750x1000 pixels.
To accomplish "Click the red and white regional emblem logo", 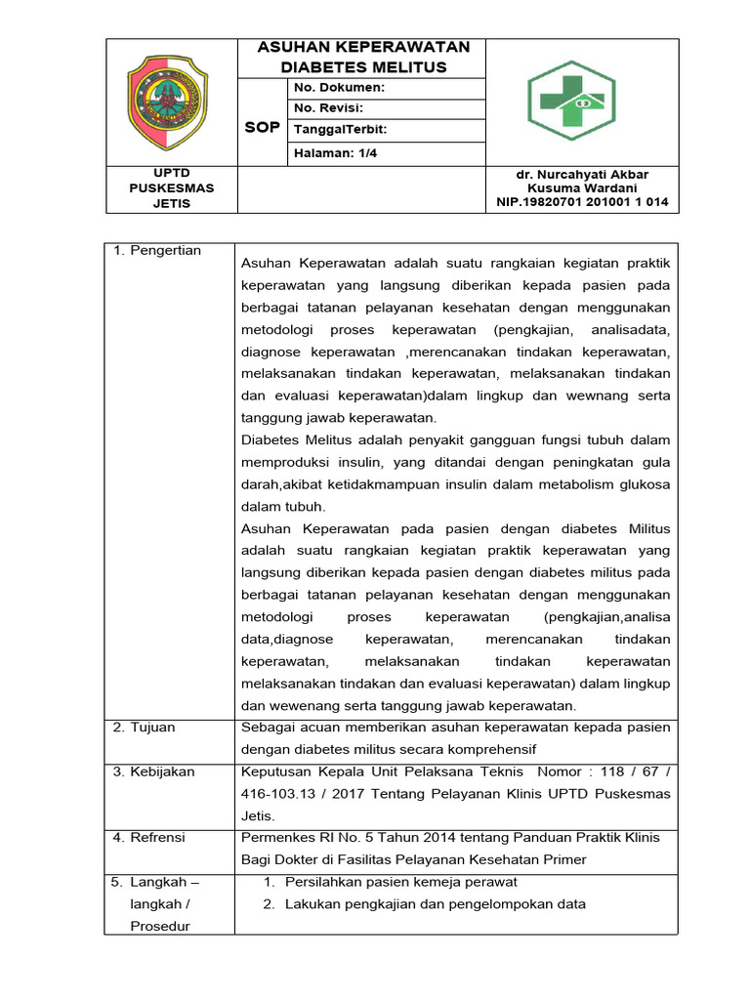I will (x=167, y=102).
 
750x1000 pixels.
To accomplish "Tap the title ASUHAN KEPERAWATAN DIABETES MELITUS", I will (x=362, y=58).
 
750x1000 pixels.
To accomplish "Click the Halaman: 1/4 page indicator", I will (x=332, y=152).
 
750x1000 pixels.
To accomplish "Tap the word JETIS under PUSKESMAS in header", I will (x=172, y=203).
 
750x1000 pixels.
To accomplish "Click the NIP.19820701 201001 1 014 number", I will (x=582, y=202).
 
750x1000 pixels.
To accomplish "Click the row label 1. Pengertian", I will (x=157, y=251).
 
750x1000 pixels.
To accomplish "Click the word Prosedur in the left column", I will (x=161, y=926).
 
